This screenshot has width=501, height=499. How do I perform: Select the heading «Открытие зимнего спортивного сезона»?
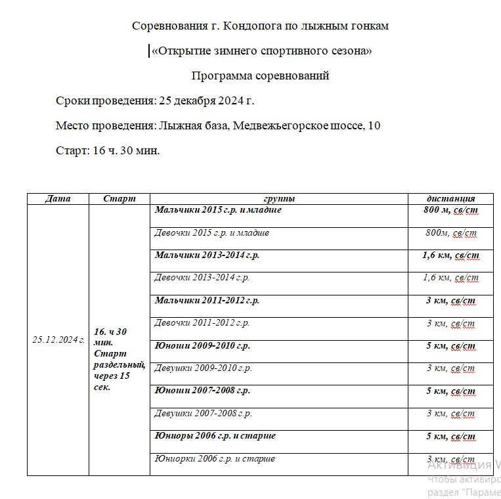click(261, 51)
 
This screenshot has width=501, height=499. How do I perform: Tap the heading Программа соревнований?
click(260, 76)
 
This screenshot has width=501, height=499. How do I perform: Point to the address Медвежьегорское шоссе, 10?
click(307, 125)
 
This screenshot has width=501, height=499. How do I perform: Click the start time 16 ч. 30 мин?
click(126, 150)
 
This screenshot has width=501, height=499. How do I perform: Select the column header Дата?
click(57, 199)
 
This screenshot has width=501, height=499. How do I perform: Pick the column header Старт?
click(120, 199)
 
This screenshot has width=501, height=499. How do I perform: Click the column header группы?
click(278, 199)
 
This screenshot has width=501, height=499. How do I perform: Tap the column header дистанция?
click(450, 199)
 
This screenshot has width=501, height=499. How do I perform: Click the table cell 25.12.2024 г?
click(58, 339)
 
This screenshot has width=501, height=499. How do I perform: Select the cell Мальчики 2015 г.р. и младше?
click(218, 210)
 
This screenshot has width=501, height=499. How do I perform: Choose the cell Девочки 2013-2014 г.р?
click(202, 278)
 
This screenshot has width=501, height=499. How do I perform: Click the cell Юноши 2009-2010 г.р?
click(202, 345)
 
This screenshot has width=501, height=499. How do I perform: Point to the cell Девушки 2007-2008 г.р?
click(203, 414)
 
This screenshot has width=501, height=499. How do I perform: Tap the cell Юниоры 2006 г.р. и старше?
click(215, 436)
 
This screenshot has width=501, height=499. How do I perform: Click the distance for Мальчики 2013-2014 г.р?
click(450, 255)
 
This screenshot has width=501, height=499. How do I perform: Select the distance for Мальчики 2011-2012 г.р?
click(450, 301)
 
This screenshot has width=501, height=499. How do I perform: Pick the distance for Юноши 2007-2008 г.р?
click(450, 391)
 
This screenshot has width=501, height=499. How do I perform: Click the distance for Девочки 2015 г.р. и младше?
click(450, 233)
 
